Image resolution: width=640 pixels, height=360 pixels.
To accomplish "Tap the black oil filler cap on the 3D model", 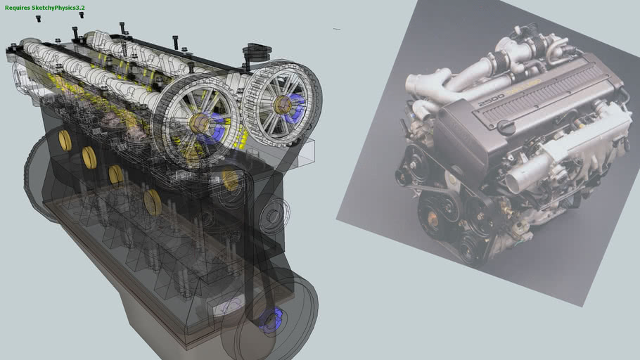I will pos(256,52).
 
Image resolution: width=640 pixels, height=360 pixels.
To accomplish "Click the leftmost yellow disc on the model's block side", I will pos(65,140).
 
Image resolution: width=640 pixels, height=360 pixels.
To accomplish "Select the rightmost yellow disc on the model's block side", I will pos(152,202).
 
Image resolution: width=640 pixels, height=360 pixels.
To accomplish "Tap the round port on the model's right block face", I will pos(271,215).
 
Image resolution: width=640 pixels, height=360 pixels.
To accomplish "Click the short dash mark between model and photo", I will pos(337,30).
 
